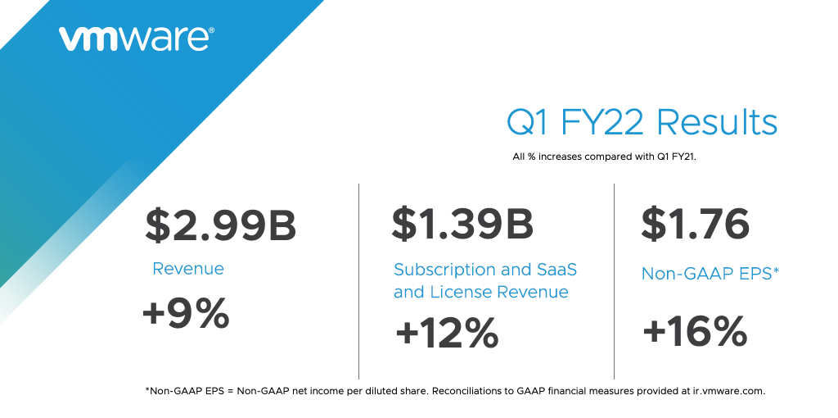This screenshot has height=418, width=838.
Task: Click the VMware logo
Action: (136, 39)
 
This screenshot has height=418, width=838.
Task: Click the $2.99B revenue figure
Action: (220, 225)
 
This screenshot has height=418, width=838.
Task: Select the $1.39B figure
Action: (462, 224)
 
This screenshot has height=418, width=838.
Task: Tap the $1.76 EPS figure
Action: (696, 224)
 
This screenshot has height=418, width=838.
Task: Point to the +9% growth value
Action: (186, 314)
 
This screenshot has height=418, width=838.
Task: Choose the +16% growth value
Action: (695, 332)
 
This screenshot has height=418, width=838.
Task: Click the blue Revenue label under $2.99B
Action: (188, 269)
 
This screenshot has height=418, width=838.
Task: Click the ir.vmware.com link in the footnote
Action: (723, 391)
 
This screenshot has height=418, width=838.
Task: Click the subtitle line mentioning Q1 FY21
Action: (603, 156)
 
